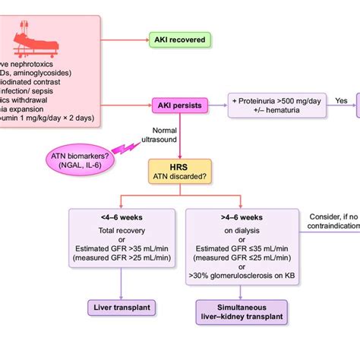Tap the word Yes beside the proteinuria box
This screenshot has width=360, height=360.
pyautogui.click(x=341, y=99)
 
